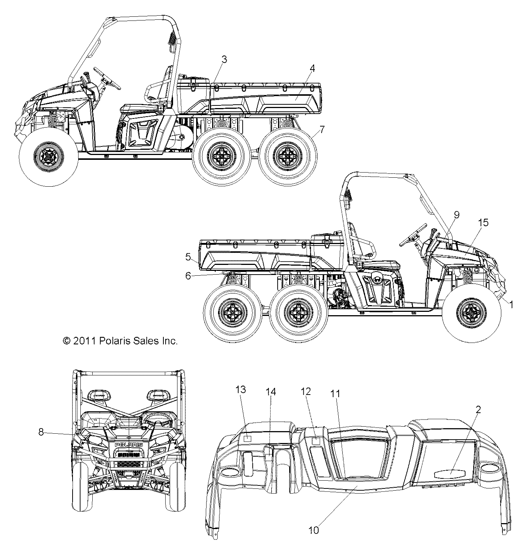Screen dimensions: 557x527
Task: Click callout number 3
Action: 224,60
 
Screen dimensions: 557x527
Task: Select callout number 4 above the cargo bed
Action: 312,69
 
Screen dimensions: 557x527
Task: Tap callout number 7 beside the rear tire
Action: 322,130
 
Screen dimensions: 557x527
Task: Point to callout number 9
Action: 457,215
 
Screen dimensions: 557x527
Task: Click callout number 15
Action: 483,222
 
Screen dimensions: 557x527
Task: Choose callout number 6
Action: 188,275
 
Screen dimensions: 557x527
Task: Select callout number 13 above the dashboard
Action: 241,390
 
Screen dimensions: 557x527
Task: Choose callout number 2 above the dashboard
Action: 478,410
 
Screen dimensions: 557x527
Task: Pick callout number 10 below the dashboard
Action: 314,530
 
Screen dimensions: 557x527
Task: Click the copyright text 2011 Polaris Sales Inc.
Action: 120,341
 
